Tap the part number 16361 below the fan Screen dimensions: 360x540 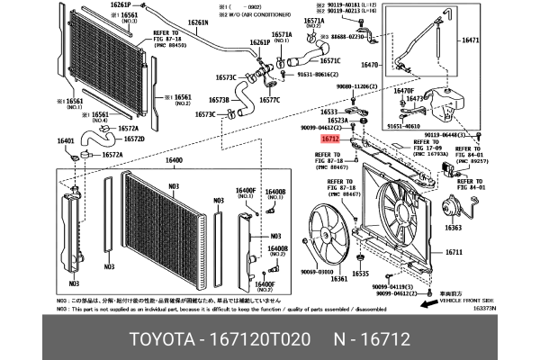339,279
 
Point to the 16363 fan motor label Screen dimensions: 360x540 454,229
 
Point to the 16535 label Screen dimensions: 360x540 361,272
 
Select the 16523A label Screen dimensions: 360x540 337,120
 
